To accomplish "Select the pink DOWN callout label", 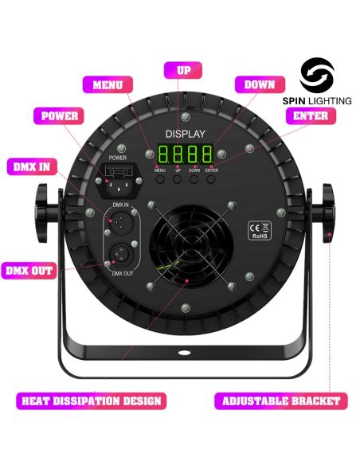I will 260,85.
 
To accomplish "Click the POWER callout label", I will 60,116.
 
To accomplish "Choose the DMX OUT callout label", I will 29,271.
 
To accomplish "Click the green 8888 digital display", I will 185,154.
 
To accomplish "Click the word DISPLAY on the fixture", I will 186,133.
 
